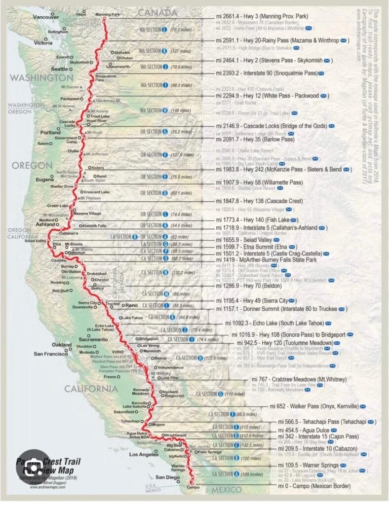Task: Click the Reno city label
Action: (131, 306)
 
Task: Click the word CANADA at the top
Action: (157, 12)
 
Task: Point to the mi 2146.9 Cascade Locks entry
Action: (272, 126)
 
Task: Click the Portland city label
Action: (51, 133)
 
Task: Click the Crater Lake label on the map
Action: (58, 205)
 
